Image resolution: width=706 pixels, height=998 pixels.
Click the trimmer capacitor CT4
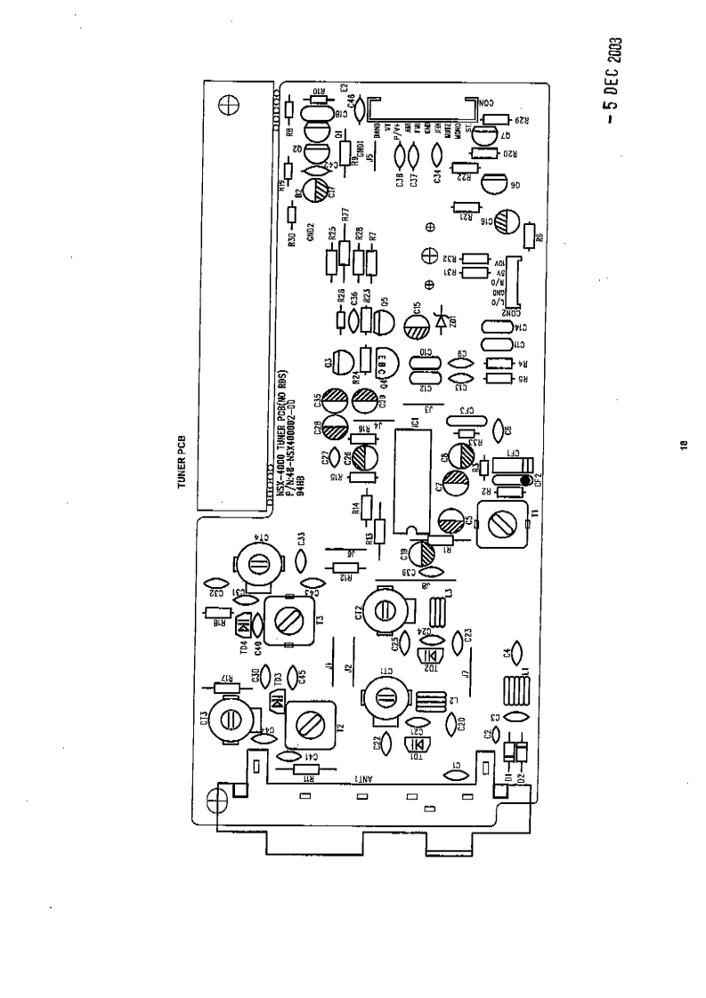point(259,562)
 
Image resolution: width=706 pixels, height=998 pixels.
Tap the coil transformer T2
point(312,724)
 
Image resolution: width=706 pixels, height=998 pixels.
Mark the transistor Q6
point(495,184)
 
